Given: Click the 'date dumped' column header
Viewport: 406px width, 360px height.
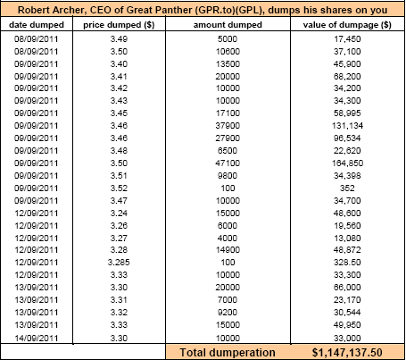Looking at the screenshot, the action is [37, 25].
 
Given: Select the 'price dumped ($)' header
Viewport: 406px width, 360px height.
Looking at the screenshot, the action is [119, 25].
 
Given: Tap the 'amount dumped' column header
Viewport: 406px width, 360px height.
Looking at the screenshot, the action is [228, 25].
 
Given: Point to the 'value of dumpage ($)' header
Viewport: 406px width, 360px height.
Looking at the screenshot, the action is [347, 25].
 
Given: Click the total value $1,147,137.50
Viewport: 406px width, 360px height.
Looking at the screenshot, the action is [347, 353].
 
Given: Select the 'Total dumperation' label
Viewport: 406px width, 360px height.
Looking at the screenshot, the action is [228, 353].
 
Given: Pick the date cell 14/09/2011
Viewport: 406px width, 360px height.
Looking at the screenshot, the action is [37, 338].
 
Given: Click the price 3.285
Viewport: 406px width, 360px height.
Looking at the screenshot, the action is [119, 263].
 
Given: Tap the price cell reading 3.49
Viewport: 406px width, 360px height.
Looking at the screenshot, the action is [119, 39].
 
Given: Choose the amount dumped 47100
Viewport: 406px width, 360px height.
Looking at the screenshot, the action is [228, 163].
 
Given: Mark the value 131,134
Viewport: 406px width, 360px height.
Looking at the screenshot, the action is [347, 126].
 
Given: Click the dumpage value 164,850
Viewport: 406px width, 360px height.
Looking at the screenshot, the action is [347, 163].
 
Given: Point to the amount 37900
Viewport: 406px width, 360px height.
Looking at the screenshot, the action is [228, 126].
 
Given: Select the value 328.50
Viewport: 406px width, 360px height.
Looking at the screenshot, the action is [347, 263].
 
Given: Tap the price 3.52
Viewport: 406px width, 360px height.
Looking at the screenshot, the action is [119, 188].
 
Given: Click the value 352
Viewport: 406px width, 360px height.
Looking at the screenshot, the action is [347, 188].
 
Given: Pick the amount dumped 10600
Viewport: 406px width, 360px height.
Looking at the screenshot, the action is [228, 52].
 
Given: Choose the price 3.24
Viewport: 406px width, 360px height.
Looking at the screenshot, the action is [119, 213].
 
